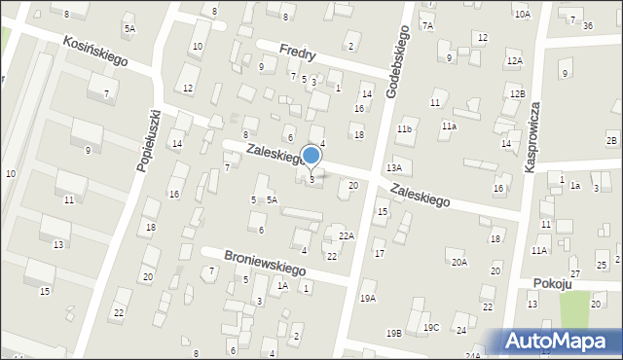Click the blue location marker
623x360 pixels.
pos(311,156)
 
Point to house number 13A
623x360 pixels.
pos(393,168)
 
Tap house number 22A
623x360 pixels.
pos(346,236)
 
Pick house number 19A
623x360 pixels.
pos(368,298)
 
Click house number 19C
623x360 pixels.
pos(430,327)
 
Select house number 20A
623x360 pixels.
pos(458,262)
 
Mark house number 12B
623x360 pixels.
pos(516,93)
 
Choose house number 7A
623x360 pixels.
pos(426,25)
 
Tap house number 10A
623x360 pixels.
pos(523,15)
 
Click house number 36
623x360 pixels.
pos(587,25)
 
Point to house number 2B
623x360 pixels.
pos(610,141)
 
